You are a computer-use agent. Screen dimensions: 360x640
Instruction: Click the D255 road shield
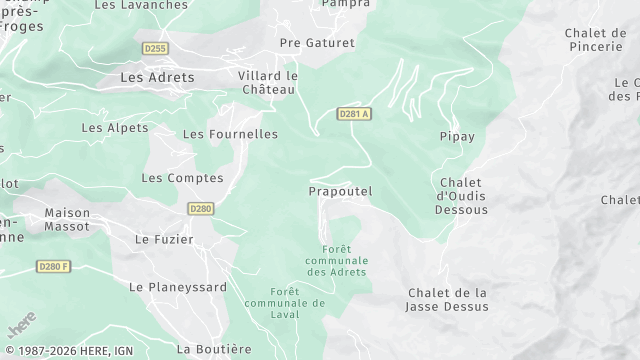[x=155, y=47]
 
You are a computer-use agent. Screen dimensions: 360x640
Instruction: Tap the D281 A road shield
[x=354, y=114]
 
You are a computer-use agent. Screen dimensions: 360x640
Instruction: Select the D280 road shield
[x=201, y=208]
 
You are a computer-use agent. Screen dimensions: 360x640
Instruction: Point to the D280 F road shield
[x=54, y=265]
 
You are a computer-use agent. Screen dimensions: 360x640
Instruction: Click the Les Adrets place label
[x=157, y=77]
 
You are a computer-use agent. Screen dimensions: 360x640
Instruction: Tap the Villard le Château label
[x=268, y=82]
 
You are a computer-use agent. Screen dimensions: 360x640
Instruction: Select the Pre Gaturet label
[x=317, y=43]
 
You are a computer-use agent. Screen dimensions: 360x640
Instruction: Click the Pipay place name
[x=457, y=136]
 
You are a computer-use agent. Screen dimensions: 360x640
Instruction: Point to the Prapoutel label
[x=341, y=191]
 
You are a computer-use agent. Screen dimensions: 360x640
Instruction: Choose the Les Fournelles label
[x=230, y=133]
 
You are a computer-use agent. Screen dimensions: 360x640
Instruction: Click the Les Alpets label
[x=114, y=128]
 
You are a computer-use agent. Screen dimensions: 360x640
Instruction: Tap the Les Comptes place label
[x=182, y=178]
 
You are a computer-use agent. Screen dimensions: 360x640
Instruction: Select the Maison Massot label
[x=67, y=219]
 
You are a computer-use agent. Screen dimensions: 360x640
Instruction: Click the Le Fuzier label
[x=164, y=240]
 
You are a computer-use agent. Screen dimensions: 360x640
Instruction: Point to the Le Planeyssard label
[x=178, y=287]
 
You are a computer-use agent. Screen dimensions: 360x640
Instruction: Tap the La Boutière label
[x=214, y=349]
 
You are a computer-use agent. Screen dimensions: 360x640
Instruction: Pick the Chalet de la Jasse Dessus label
[x=448, y=299]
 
